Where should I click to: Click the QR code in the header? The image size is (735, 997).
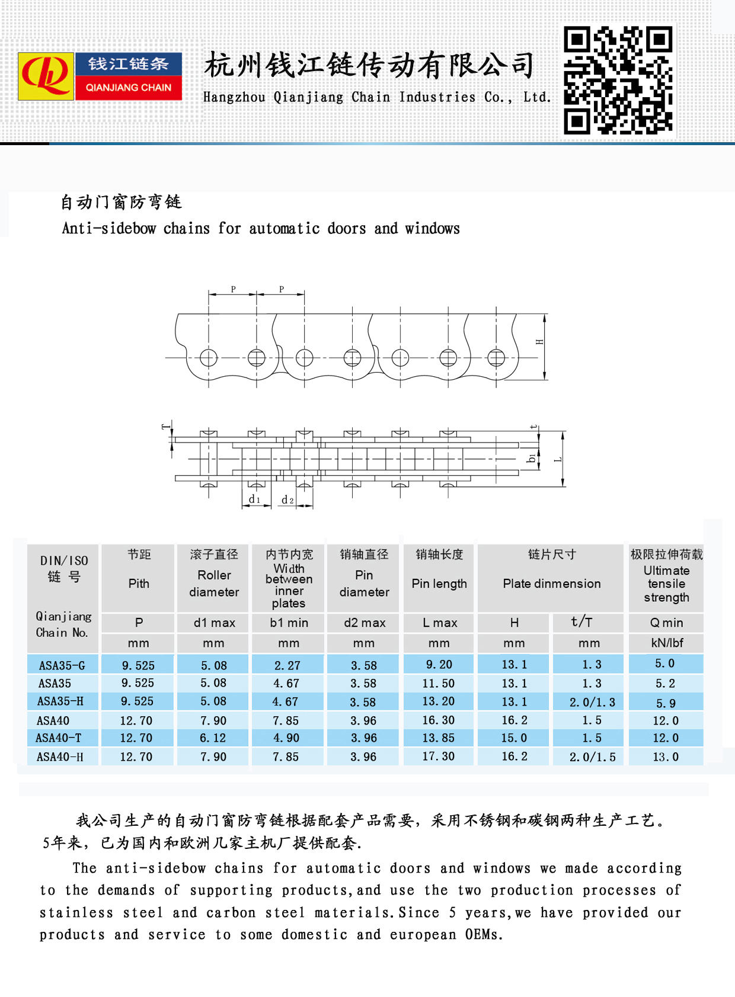[x=618, y=79]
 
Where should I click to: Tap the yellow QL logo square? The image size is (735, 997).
[x=46, y=76]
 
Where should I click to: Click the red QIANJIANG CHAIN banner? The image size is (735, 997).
[x=128, y=88]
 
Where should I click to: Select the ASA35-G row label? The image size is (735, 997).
[x=62, y=665]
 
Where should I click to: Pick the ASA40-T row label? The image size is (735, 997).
[x=59, y=738]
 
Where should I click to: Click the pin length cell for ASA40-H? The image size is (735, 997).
[x=439, y=756]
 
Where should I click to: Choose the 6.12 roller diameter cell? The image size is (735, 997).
[x=213, y=738]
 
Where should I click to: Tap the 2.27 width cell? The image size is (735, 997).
[x=287, y=665]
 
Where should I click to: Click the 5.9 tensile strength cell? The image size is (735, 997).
[x=666, y=703]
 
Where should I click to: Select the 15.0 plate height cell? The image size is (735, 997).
[x=514, y=738]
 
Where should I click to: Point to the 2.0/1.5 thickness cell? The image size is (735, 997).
[x=592, y=757]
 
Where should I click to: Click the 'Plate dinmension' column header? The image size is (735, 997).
[x=551, y=584]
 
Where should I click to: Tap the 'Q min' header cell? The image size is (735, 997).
[x=666, y=623]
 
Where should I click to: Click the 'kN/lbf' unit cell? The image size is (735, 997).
[x=666, y=643]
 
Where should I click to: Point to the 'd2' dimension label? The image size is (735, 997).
[x=287, y=500]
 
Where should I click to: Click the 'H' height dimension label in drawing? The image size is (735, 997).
[x=539, y=342]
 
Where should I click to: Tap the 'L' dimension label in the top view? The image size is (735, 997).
[x=558, y=459]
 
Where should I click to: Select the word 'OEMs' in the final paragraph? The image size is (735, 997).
[x=484, y=935]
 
